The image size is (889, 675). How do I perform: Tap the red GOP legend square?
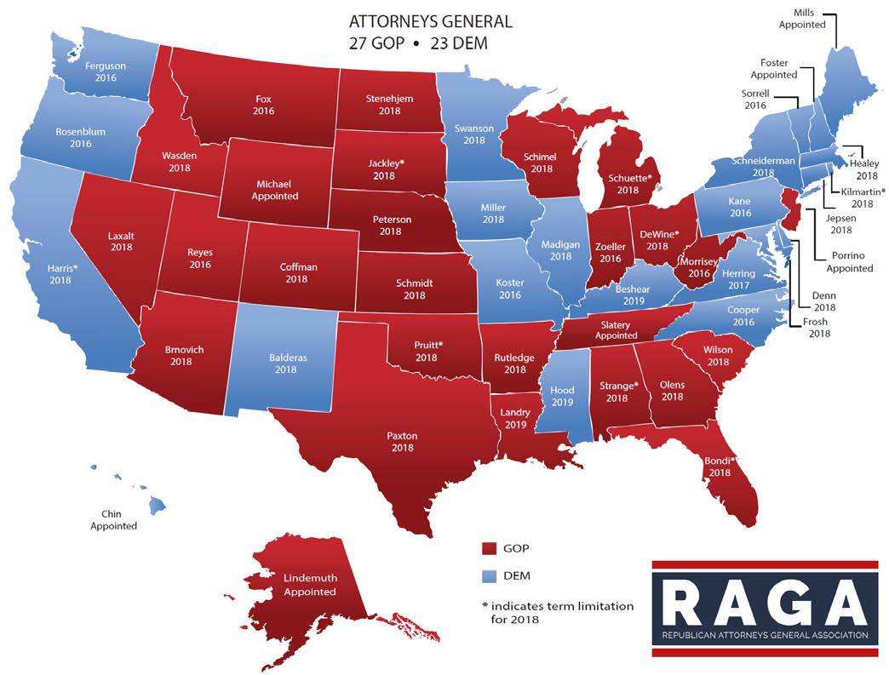pos(490,548)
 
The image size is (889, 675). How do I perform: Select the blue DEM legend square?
pos(490,576)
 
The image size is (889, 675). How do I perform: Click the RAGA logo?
pos(765,608)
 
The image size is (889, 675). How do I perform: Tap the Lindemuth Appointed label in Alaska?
pos(310,585)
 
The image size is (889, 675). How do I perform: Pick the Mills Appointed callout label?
pos(802,19)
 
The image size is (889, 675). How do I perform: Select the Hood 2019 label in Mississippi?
pos(562,396)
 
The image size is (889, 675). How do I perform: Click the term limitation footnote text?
pos(557,613)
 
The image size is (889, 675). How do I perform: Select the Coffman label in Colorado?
pos(298,273)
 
